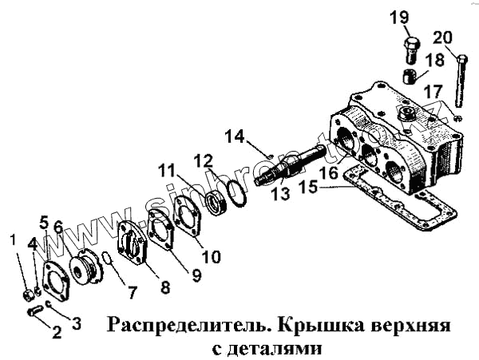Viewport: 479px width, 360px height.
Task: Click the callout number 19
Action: coord(400,18)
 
